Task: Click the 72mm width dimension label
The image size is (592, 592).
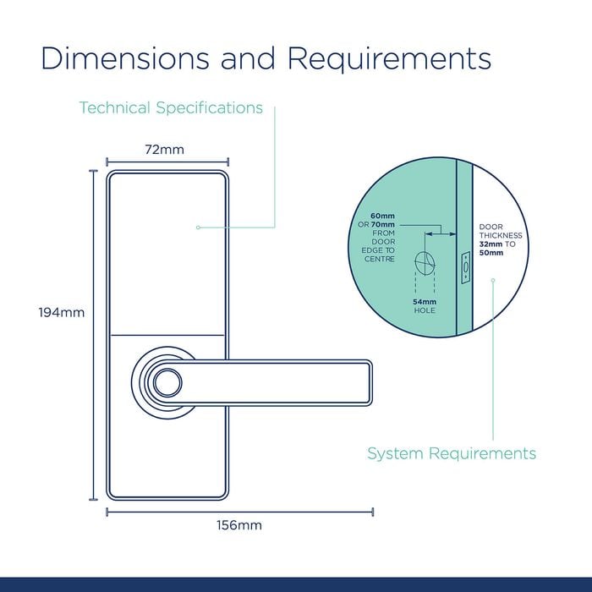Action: [165, 150]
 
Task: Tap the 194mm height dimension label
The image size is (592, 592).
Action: [62, 313]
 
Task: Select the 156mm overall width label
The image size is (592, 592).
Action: [239, 525]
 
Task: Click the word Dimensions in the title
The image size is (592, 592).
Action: [124, 58]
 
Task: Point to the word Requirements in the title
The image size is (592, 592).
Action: [389, 60]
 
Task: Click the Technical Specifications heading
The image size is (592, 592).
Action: [171, 107]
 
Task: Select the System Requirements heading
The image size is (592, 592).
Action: [452, 453]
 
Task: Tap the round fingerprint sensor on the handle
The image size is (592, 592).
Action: [167, 382]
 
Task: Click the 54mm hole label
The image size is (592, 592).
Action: [425, 306]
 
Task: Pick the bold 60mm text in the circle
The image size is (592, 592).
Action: [382, 216]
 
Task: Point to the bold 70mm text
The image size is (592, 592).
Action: [383, 225]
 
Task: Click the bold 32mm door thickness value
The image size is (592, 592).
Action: [491, 244]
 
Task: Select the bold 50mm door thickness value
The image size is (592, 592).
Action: [491, 253]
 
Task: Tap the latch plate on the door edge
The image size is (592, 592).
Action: [466, 267]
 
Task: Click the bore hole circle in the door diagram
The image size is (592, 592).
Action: [425, 263]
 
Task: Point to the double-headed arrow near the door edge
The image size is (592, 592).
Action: [441, 234]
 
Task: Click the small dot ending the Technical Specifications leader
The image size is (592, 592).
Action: [198, 227]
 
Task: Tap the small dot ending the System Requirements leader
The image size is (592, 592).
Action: [493, 280]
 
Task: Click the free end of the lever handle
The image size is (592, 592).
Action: [370, 382]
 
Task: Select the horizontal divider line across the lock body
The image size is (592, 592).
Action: [167, 335]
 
